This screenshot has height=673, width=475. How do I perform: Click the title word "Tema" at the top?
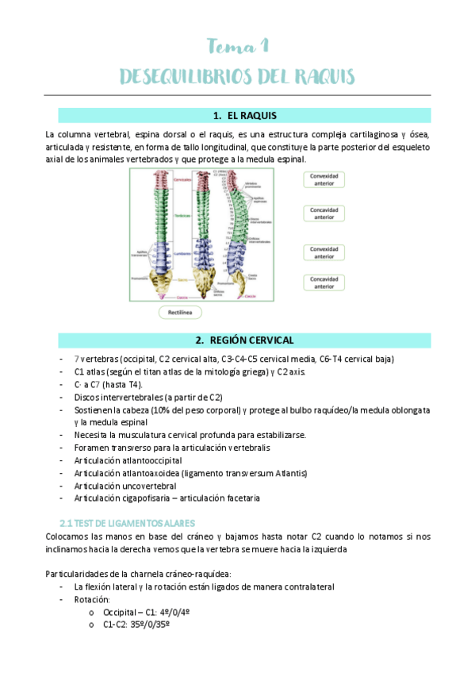pyautogui.click(x=226, y=45)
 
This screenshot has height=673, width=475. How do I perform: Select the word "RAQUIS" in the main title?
pyautogui.click(x=316, y=76)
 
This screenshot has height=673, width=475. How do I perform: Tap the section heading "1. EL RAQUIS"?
pyautogui.click(x=245, y=116)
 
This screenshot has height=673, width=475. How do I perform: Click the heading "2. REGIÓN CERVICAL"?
pyautogui.click(x=245, y=340)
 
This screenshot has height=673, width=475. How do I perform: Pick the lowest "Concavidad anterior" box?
pyautogui.click(x=324, y=283)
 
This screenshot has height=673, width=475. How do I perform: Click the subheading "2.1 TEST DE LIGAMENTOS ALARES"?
pyautogui.click(x=127, y=523)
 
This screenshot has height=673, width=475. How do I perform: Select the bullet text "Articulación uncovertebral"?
pyautogui.click(x=125, y=486)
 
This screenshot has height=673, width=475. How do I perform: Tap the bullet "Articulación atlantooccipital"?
pyautogui.click(x=128, y=460)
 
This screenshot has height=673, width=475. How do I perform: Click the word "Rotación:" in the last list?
pyautogui.click(x=94, y=599)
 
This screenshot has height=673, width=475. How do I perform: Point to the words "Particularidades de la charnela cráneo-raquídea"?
pyautogui.click(x=138, y=574)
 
